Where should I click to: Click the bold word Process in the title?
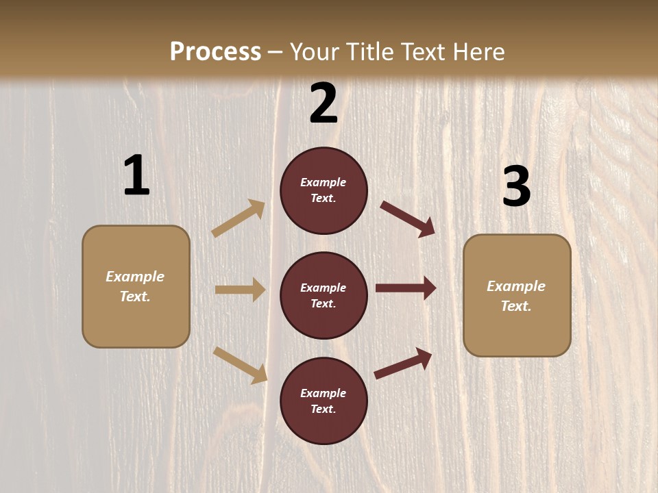pyautogui.click(x=215, y=52)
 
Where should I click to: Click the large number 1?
pyautogui.click(x=136, y=176)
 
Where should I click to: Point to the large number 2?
pyautogui.click(x=324, y=103)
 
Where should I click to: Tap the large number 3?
pyautogui.click(x=516, y=187)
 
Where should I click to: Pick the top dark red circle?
pyautogui.click(x=324, y=190)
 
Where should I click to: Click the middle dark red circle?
pyautogui.click(x=324, y=295)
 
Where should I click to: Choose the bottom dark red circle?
pyautogui.click(x=324, y=401)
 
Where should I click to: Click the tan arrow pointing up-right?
pyautogui.click(x=239, y=218)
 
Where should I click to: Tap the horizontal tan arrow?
pyautogui.click(x=240, y=290)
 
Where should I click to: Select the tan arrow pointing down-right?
pyautogui.click(x=240, y=365)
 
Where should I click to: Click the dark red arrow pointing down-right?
pyautogui.click(x=408, y=218)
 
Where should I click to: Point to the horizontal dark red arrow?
pyautogui.click(x=406, y=288)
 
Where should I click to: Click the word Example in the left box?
pyautogui.click(x=135, y=277)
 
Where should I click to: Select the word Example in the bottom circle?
pyautogui.click(x=323, y=393)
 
